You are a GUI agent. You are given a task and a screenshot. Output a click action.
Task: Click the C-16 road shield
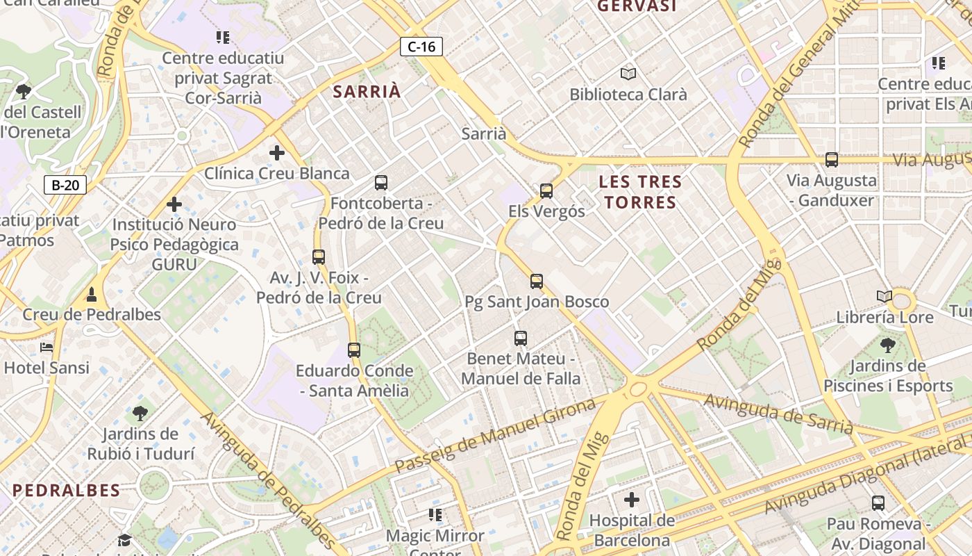point(421,47)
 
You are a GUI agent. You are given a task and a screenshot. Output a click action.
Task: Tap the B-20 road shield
point(65,185)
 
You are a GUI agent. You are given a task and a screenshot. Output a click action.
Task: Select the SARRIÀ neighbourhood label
point(367,91)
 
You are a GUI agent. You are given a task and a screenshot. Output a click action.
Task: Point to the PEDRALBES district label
point(67,490)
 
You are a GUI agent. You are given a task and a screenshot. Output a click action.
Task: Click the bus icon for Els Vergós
point(546,190)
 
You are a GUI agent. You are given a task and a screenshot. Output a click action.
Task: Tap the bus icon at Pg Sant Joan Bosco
point(537,281)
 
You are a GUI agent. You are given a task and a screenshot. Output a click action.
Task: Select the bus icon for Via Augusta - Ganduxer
point(832,160)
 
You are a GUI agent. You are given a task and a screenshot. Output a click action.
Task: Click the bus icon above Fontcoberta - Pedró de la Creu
point(381,183)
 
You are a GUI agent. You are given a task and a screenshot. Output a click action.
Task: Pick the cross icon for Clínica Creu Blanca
point(277,153)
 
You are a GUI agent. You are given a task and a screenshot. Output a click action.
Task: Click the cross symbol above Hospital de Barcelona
point(632,499)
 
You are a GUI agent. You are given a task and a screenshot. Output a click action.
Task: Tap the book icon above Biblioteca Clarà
point(628,74)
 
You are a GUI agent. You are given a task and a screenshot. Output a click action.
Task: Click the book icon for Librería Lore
point(885,297)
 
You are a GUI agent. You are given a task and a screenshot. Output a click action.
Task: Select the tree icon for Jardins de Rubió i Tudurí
point(140,414)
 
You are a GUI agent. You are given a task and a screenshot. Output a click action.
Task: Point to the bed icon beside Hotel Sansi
point(47,347)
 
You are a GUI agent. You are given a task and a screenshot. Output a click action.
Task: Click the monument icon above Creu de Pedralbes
point(92,294)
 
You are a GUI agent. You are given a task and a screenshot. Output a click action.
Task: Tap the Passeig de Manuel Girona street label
point(494,436)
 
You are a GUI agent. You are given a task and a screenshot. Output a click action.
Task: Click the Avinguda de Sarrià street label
point(778,413)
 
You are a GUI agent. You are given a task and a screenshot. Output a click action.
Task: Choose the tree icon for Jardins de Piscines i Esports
point(888,345)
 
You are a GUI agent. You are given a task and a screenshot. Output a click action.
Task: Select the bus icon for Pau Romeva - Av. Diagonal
point(878,502)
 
